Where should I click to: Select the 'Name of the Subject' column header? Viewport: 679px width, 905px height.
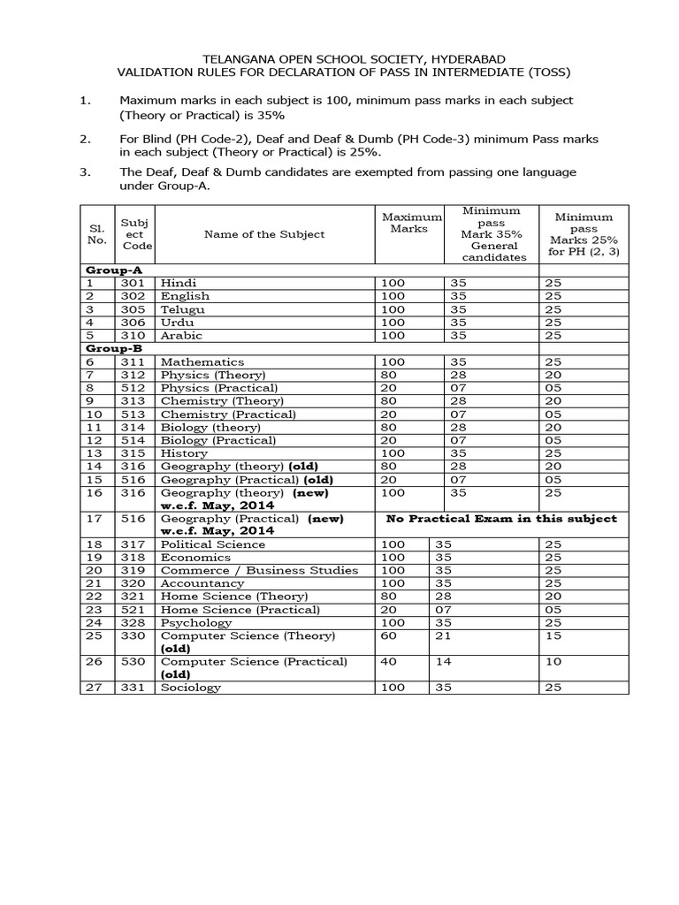[x=264, y=234]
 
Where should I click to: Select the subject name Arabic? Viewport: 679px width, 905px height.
[x=181, y=336]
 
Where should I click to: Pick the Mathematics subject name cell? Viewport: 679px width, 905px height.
[x=202, y=362]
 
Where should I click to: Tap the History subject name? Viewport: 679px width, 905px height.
[x=184, y=453]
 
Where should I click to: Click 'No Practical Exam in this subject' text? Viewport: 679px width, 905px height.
[x=501, y=518]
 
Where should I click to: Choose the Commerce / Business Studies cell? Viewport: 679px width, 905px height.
[x=259, y=571]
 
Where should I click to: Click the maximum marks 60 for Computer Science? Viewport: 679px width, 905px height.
[x=390, y=636]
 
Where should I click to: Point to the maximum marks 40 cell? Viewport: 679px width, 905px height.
[x=390, y=662]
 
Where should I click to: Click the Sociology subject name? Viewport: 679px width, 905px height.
[x=191, y=688]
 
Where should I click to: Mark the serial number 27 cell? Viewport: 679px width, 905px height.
[x=95, y=688]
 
